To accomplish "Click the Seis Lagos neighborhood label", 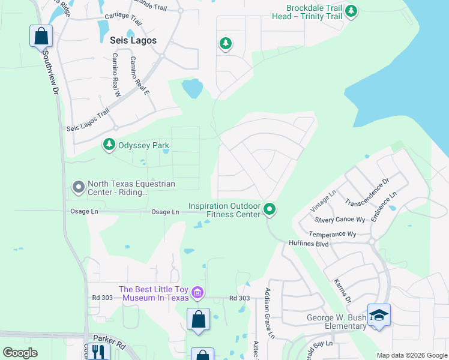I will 133,40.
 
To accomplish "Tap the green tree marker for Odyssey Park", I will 109,145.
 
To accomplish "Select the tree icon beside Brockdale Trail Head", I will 351,11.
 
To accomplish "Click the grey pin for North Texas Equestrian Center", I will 78,188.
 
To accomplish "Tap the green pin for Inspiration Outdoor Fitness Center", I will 270,209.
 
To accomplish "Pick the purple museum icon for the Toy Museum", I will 198,293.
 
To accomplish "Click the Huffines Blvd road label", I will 310,244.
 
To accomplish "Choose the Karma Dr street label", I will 343,290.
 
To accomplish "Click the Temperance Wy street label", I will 333,234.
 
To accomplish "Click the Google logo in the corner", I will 20,353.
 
